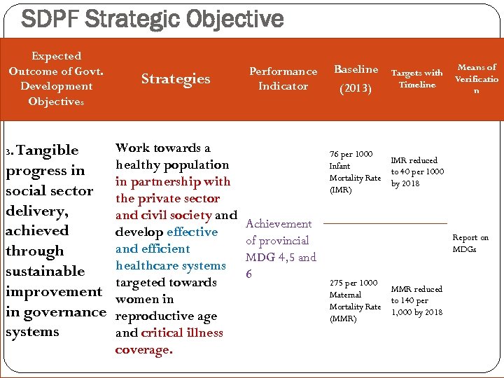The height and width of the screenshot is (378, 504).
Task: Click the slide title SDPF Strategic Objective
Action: click(x=153, y=18)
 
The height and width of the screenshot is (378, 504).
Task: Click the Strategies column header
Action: click(x=175, y=78)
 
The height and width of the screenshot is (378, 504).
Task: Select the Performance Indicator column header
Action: click(x=283, y=78)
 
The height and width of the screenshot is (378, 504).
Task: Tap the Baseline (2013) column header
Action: click(x=356, y=78)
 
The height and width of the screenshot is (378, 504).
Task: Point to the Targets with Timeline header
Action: click(x=416, y=78)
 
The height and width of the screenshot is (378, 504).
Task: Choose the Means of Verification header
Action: click(x=477, y=78)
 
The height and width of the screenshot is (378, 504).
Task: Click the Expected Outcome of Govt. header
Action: click(x=56, y=78)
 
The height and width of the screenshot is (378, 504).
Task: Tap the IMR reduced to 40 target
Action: click(x=417, y=172)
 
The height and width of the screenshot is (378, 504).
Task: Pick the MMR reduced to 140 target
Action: click(x=417, y=300)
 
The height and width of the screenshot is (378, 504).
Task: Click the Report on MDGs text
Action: click(x=470, y=244)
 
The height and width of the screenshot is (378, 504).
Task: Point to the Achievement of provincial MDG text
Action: click(x=280, y=248)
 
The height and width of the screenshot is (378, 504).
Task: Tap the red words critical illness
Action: click(x=182, y=333)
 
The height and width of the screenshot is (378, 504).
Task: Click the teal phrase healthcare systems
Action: click(x=171, y=266)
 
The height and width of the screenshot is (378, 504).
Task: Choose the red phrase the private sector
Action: click(x=168, y=198)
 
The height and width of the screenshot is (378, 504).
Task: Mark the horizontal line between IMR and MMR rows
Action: click(x=385, y=223)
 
